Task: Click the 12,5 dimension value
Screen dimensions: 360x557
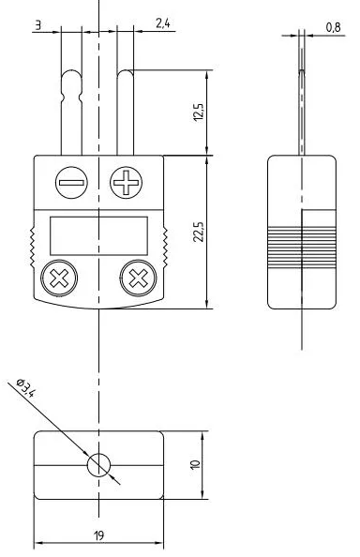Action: click(x=199, y=113)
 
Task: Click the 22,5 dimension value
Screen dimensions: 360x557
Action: click(x=199, y=232)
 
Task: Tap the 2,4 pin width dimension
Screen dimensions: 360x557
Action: click(x=162, y=23)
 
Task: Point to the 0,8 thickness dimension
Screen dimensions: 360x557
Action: click(x=334, y=27)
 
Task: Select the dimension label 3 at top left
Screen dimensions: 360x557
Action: click(x=38, y=25)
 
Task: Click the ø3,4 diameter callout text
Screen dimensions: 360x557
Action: click(x=26, y=388)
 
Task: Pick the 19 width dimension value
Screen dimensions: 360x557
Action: click(x=99, y=535)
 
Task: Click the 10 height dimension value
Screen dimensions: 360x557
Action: click(x=195, y=465)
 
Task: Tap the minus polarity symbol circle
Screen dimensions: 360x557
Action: click(x=71, y=183)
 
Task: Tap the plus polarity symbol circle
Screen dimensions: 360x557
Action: click(x=126, y=183)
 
